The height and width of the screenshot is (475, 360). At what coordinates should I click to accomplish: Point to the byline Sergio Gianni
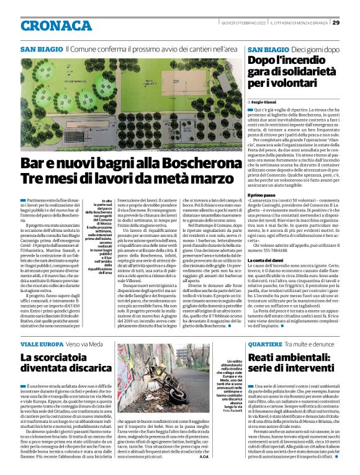click(x=264, y=100)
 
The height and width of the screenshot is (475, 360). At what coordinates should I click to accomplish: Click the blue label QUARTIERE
click(x=265, y=344)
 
